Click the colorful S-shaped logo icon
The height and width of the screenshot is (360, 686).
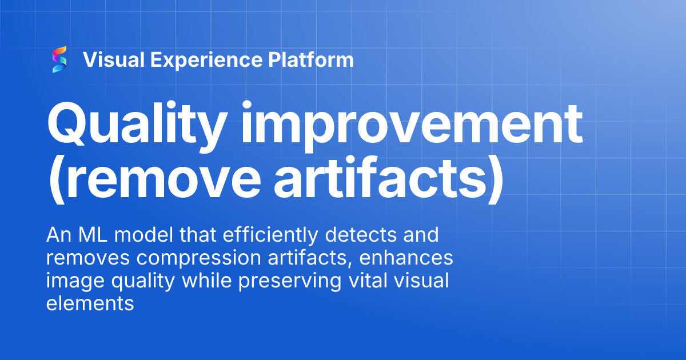point(59,60)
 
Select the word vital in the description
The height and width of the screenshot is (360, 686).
point(375,281)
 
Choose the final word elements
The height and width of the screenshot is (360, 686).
point(90,304)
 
